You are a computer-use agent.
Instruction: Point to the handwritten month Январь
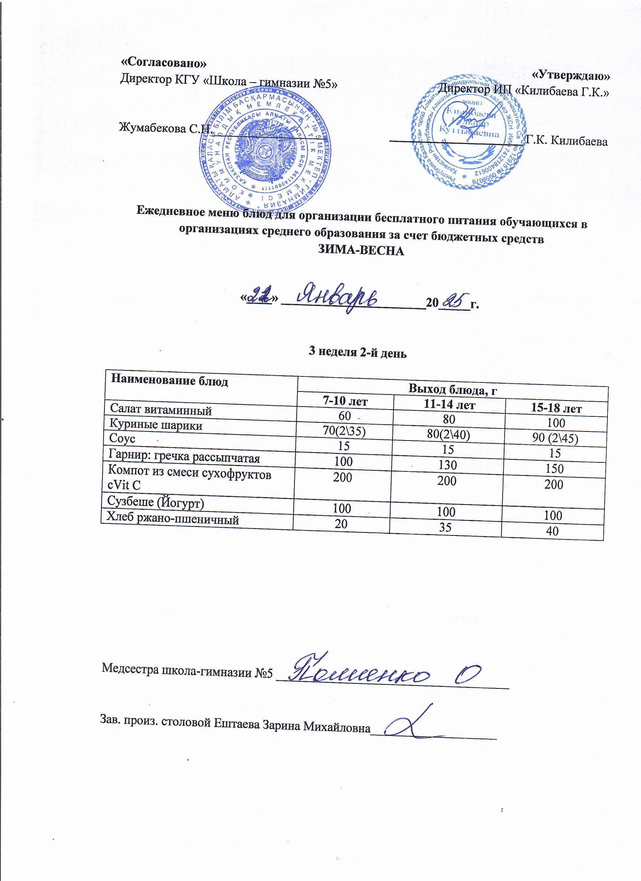tap(338, 300)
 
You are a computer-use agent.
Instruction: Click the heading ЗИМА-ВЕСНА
tap(361, 251)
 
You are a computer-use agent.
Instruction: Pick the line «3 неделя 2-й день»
tap(357, 353)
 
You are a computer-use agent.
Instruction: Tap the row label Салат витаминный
tap(161, 410)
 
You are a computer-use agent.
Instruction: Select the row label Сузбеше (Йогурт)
tap(156, 503)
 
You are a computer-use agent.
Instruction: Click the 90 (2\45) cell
tap(555, 438)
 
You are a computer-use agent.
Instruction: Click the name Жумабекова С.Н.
tap(165, 128)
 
